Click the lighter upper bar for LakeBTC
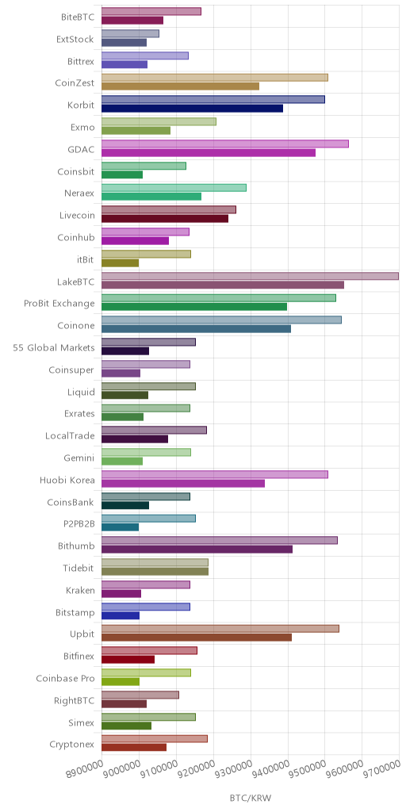(250, 276)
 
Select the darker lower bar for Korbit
(192, 108)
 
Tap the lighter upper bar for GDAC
(225, 144)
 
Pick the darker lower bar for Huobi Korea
(183, 483)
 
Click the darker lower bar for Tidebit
(155, 572)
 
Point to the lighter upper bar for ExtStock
(131, 33)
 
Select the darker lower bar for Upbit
(197, 638)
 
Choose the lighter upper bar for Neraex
(174, 187)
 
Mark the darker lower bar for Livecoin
(165, 219)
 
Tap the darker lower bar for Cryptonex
(134, 747)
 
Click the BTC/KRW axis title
(250, 798)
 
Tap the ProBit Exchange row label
(59, 304)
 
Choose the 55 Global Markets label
(54, 347)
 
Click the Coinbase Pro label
(66, 679)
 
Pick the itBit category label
(85, 259)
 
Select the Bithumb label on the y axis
(76, 546)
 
